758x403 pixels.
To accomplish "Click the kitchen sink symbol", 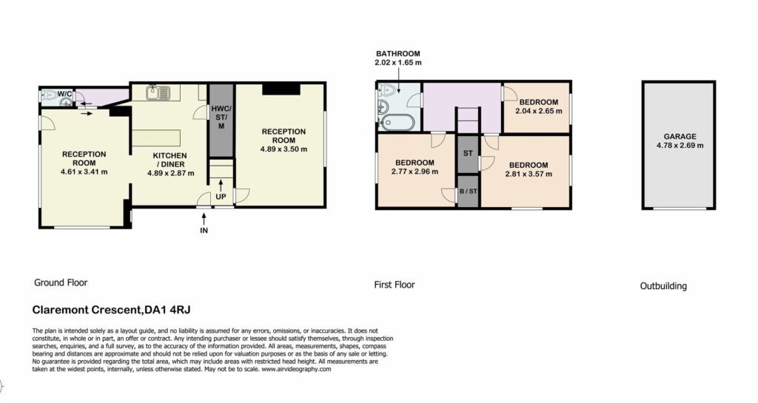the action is click(158, 93).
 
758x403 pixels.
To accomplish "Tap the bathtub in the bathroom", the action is click(398, 123).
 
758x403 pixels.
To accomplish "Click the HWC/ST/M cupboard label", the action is click(221, 118).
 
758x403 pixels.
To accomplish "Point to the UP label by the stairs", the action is click(221, 197).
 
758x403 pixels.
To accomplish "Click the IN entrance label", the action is click(204, 231).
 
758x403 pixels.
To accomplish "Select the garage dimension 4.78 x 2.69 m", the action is click(680, 145).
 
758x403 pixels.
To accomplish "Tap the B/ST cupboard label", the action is click(468, 191).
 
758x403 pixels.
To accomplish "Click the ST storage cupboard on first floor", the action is click(468, 154).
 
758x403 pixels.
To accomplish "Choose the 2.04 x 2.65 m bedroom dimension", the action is click(539, 111).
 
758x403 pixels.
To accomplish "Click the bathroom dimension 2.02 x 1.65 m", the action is click(398, 63).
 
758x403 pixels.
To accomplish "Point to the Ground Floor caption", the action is click(61, 282).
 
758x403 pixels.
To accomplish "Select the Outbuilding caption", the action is click(663, 286).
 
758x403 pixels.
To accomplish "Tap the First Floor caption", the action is click(395, 285).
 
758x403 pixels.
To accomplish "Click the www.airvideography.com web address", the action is click(296, 369).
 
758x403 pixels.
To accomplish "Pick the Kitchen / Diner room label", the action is click(170, 160).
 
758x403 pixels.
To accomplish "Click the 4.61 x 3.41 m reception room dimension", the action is click(84, 172).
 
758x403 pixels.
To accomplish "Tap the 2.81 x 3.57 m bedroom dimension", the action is click(529, 174).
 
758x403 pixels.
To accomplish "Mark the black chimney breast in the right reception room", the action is click(281, 89).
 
